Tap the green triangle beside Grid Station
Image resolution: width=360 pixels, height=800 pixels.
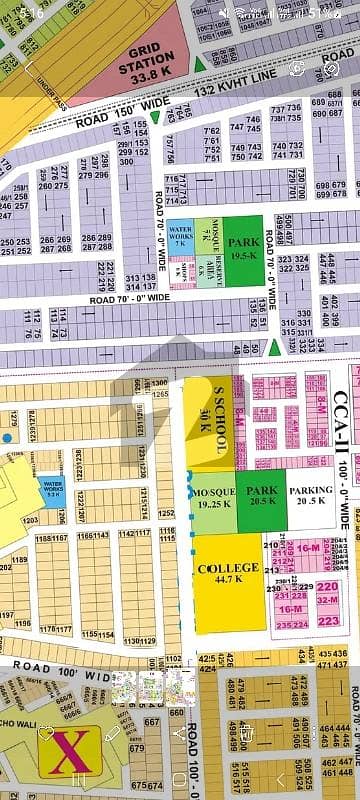(200, 66)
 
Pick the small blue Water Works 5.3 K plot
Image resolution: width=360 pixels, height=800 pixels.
(51, 489)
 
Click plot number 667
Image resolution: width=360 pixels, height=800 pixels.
(152, 722)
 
